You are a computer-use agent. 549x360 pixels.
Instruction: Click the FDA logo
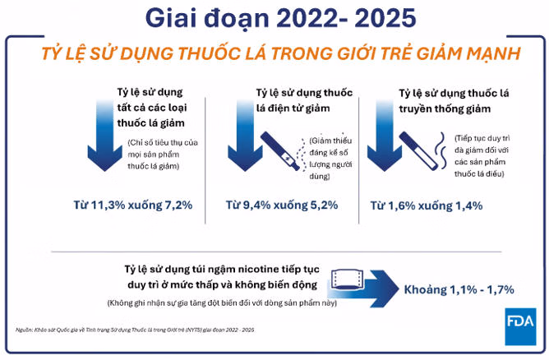coord(520,326)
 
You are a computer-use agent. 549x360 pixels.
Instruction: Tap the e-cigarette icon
coord(280,151)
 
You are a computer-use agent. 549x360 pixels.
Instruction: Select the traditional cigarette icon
coord(419,151)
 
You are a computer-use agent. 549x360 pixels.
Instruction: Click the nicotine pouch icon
coord(347,279)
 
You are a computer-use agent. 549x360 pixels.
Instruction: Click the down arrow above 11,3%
coord(104,136)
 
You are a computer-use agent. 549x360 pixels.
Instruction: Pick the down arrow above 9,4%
coord(245,136)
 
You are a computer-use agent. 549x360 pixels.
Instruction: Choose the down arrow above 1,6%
coord(384,136)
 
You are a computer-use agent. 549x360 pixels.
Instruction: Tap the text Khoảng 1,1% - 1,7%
coord(459,289)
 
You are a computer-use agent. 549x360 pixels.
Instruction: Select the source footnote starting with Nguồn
coord(135,330)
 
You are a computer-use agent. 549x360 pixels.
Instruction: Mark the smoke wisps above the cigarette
coord(441,150)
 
